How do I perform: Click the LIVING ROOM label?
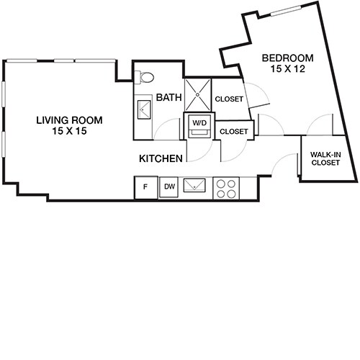[68, 120]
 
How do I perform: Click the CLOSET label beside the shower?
[229, 99]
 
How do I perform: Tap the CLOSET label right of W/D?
[233, 131]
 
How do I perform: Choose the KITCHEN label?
[160, 156]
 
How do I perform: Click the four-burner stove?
[227, 187]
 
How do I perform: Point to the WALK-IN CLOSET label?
[325, 158]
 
